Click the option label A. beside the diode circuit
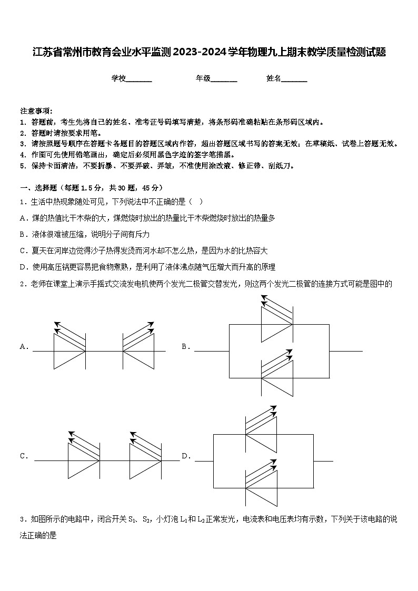tap(24, 346)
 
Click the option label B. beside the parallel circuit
tap(186, 346)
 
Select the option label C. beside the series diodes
tap(24, 456)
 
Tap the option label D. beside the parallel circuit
tap(186, 456)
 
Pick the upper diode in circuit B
tap(277, 325)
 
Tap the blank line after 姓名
tap(294, 79)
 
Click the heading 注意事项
tap(36, 111)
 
